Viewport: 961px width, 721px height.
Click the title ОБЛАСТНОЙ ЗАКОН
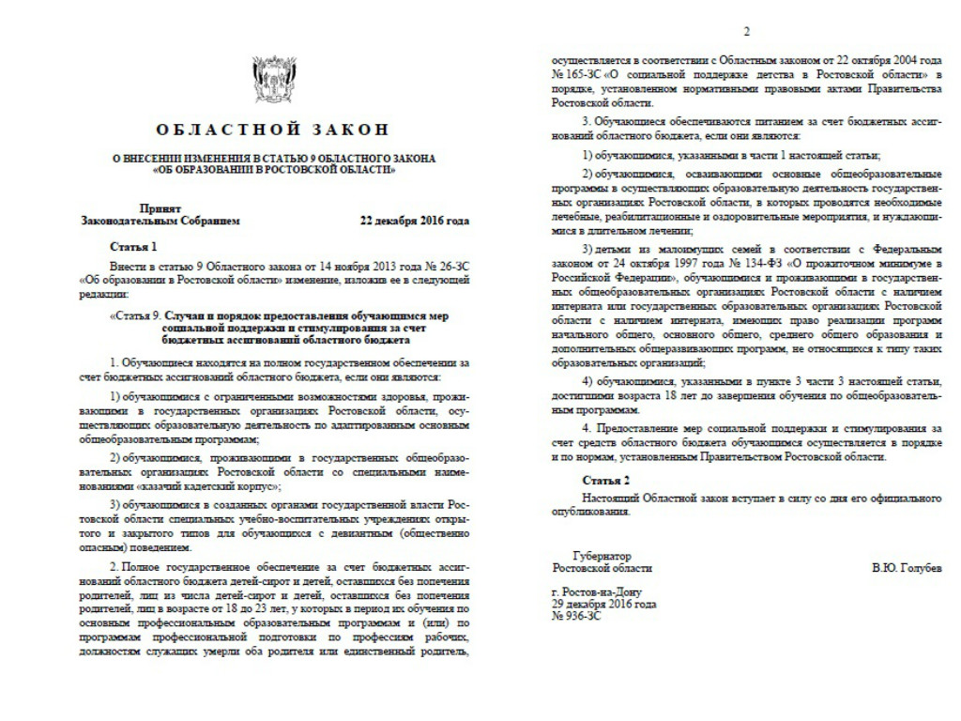pos(271,130)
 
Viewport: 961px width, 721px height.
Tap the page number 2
pos(747,33)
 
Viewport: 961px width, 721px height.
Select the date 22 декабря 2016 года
pos(415,222)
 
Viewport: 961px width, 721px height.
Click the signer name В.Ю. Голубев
pos(906,569)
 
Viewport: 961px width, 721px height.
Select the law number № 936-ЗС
pos(576,617)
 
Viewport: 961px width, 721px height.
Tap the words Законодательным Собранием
pos(160,222)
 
